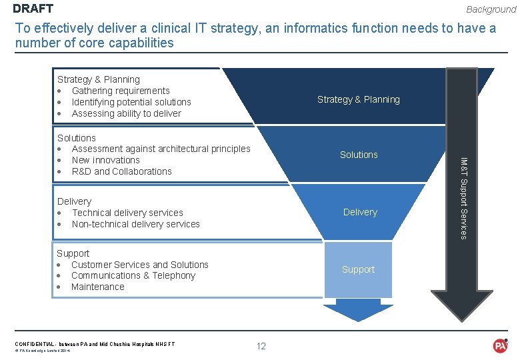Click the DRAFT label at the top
coord(33,9)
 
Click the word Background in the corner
coord(491,9)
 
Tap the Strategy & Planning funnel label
coord(358,99)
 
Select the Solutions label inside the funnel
coord(359,155)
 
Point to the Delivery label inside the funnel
coord(360,212)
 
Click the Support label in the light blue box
coord(358,269)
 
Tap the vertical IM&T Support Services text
coord(465,197)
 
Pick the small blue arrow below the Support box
coord(357,309)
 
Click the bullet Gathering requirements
coord(121,91)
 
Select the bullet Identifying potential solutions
coord(131,102)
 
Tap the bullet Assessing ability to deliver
coord(127,113)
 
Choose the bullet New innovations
coord(106,160)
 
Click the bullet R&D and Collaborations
coord(122,171)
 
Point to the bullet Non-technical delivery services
coord(136,224)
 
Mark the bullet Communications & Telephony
coord(133,275)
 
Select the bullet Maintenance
coord(98,287)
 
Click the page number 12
coord(261,345)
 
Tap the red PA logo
coord(500,345)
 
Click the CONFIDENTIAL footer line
coord(95,344)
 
